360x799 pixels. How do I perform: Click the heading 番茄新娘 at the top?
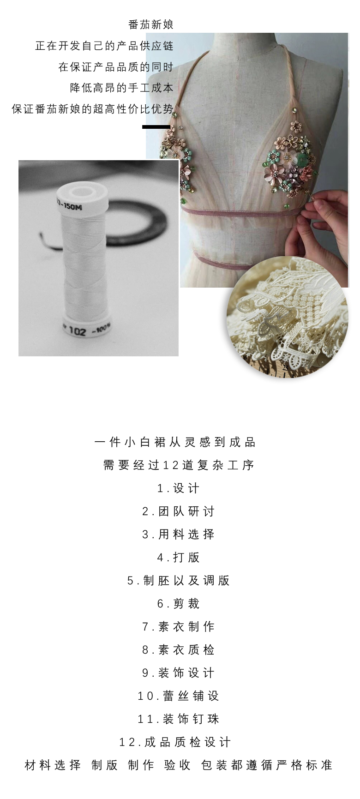151,24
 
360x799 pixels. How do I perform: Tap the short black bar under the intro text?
156,126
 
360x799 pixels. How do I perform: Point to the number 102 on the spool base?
78,331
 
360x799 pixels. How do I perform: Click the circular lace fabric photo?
287,317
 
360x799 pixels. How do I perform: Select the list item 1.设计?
178,488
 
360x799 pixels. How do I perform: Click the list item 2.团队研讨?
178,511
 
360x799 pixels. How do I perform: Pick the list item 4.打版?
178,558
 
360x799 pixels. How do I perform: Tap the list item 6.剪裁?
178,604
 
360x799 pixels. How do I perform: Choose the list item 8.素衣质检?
178,650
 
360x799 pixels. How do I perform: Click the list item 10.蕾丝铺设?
178,696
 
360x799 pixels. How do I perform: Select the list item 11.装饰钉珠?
178,719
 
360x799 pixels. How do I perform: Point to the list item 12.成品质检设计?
175,742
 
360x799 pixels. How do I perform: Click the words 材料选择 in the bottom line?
53,765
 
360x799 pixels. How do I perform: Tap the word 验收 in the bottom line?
178,765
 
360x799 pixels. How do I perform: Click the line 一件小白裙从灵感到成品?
175,442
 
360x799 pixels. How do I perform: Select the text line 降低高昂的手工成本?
122,88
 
